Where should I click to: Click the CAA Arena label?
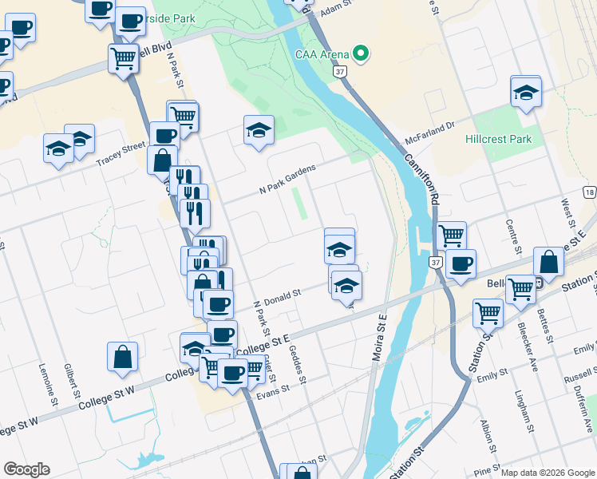tap(322, 54)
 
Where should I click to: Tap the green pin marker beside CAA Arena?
tap(361, 54)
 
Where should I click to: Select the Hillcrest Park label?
tap(498, 138)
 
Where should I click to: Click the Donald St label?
tap(283, 295)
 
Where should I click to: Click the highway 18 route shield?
tap(589, 192)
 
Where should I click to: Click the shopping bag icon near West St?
tap(549, 261)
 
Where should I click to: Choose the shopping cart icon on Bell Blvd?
tap(123, 57)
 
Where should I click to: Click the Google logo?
tap(26, 469)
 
